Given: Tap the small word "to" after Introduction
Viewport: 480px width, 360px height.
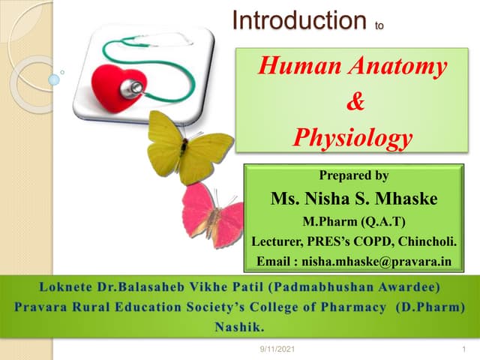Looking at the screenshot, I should (379, 25).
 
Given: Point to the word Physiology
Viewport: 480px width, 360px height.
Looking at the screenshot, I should (352, 137).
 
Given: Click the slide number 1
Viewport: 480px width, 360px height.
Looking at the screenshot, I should (455, 349).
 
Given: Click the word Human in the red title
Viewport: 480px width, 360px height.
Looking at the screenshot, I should (292, 67).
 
